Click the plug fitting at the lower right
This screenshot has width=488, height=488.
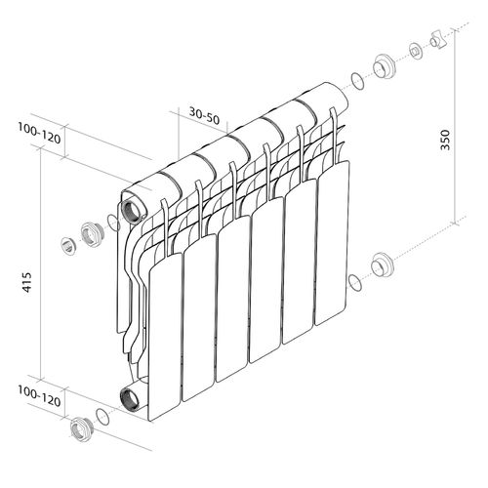pyautogui.click(x=382, y=265)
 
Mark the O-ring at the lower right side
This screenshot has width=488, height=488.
pyautogui.click(x=354, y=282)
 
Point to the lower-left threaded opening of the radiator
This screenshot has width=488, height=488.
pyautogui.click(x=129, y=396)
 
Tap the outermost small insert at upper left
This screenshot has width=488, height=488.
pyautogui.click(x=67, y=244)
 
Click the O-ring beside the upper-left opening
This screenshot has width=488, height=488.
pyautogui.click(x=113, y=224)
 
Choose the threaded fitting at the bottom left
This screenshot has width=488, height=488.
pyautogui.click(x=77, y=427)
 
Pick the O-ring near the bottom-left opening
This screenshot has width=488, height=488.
pyautogui.click(x=101, y=417)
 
